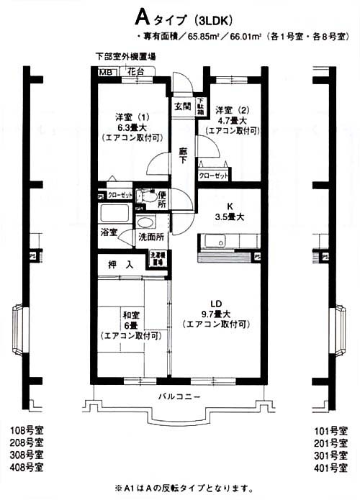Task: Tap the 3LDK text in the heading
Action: tap(210, 18)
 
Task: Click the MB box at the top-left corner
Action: tap(106, 72)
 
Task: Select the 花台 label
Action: tap(135, 72)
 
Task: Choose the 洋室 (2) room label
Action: tap(232, 110)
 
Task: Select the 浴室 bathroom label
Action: tap(109, 234)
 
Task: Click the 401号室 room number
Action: tap(330, 468)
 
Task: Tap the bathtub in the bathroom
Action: tap(114, 214)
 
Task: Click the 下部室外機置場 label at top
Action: tap(126, 56)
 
